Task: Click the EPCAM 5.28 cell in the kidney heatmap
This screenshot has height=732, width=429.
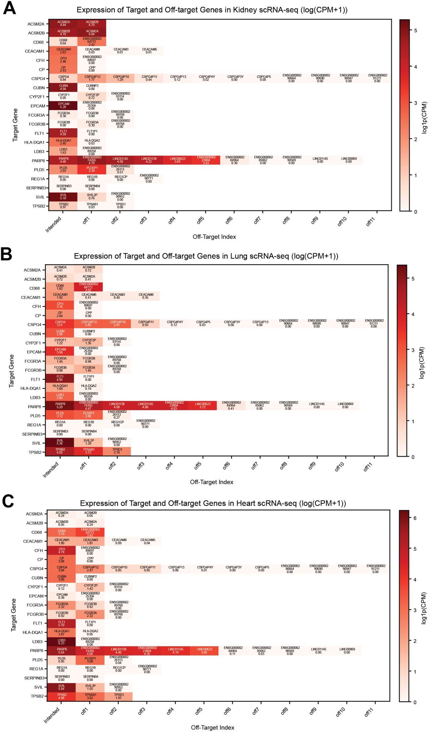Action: pyautogui.click(x=63, y=105)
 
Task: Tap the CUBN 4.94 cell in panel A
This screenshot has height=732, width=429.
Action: pyautogui.click(x=63, y=87)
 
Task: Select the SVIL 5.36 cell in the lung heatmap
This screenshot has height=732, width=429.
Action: pyautogui.click(x=60, y=442)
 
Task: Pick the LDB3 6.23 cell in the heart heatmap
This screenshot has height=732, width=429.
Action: pyautogui.click(x=61, y=641)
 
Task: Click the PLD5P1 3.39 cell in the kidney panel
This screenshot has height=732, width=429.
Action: pyautogui.click(x=92, y=169)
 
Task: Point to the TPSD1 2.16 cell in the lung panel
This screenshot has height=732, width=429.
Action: pyautogui.click(x=117, y=451)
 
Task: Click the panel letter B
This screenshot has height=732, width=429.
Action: pyautogui.click(x=7, y=255)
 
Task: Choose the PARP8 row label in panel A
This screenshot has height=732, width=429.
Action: pyautogui.click(x=38, y=161)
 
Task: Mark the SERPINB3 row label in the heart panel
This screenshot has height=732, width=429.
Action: pyautogui.click(x=34, y=678)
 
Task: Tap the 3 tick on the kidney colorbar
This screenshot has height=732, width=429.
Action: pyautogui.click(x=415, y=103)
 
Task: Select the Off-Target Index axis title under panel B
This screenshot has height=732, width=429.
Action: pyautogui.click(x=212, y=482)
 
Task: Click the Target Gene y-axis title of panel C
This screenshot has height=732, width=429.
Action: pyautogui.click(x=14, y=615)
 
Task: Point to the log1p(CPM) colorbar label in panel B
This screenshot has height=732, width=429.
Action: pyautogui.click(x=421, y=363)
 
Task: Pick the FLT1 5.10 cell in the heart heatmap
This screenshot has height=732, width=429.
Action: pyautogui.click(x=61, y=623)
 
